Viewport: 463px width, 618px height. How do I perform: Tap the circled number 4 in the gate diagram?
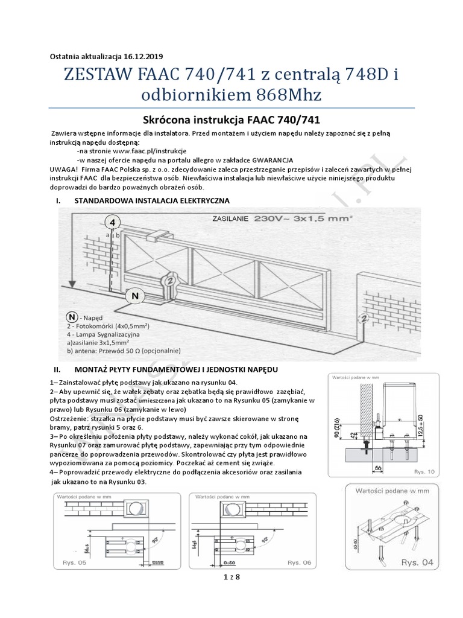(111, 221)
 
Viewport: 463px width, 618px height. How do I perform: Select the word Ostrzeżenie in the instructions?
(72, 418)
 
